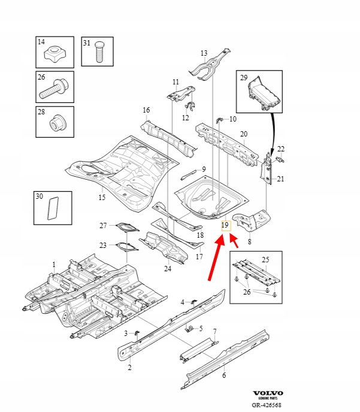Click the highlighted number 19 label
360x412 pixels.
tap(225, 226)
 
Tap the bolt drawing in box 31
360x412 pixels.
tap(100, 54)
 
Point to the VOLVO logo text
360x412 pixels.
tap(268, 393)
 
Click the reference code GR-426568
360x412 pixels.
tap(266, 405)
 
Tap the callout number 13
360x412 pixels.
tap(204, 53)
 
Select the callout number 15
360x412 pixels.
tap(101, 197)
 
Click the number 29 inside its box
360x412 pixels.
tap(244, 78)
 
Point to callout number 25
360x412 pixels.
tap(266, 259)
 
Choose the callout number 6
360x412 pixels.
tap(224, 375)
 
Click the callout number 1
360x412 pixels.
tap(53, 264)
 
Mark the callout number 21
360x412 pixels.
tap(281, 179)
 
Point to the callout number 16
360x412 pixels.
tap(146, 110)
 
